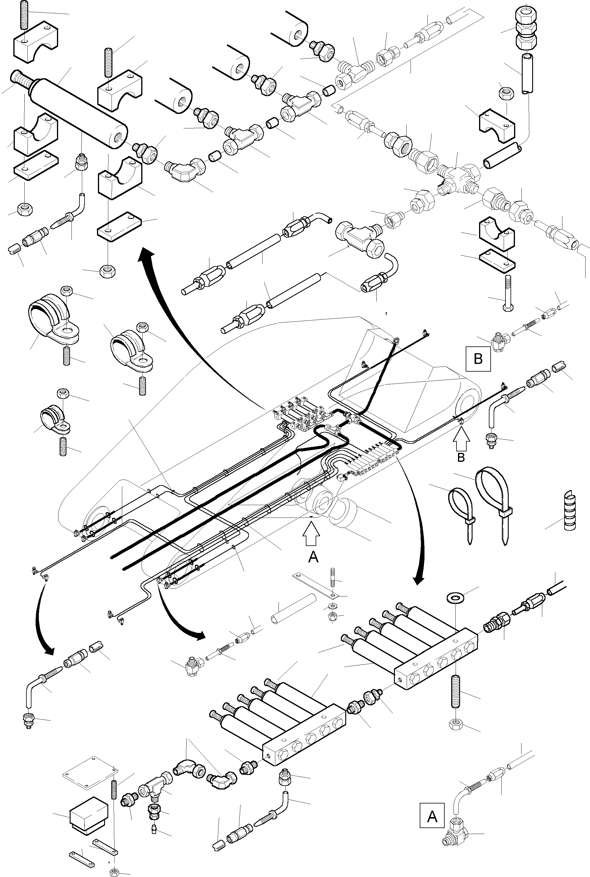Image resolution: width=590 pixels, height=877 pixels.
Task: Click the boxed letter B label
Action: (x=478, y=359)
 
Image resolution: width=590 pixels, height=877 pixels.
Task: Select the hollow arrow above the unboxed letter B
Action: (x=461, y=440)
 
